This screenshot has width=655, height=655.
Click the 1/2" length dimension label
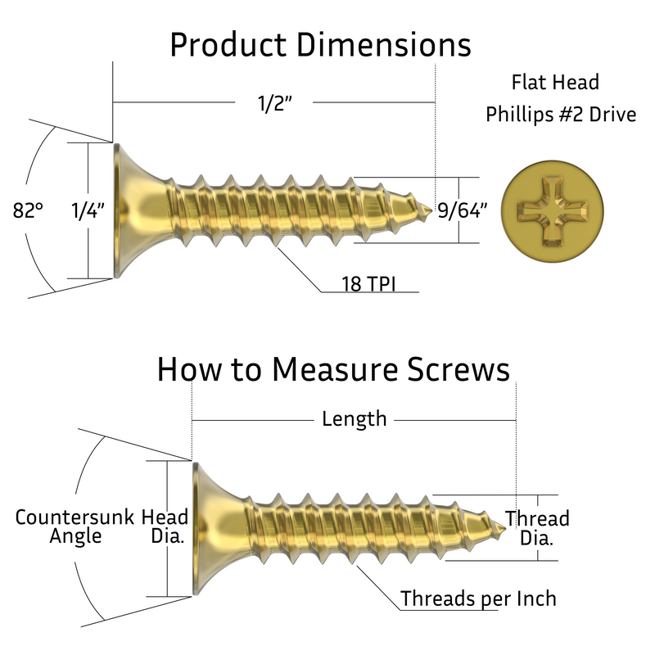(x=273, y=105)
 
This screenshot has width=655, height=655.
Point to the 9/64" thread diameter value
(x=463, y=210)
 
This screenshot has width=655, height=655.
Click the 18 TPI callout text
(x=368, y=284)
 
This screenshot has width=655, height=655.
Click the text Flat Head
(x=554, y=82)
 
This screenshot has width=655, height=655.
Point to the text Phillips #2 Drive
(x=560, y=115)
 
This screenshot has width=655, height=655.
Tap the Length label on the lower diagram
(x=354, y=418)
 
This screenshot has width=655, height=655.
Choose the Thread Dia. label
(x=537, y=528)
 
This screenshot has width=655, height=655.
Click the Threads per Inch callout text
(x=478, y=599)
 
